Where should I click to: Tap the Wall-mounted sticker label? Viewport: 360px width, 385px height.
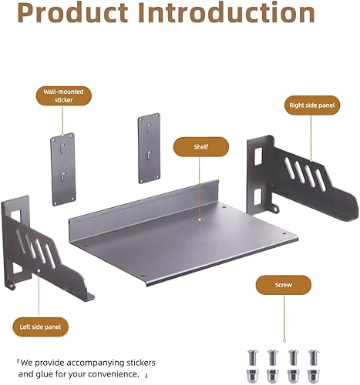63,95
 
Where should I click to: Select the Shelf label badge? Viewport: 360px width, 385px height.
200,146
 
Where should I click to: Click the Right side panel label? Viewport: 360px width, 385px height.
312,105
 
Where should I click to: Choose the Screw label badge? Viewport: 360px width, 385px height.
284,284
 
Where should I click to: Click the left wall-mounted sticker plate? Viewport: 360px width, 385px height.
62,170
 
